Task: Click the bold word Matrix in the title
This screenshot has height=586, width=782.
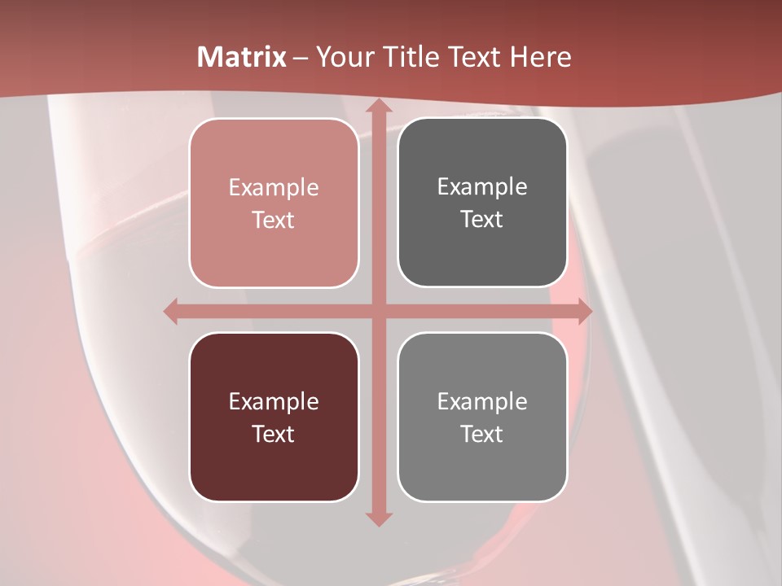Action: [242, 57]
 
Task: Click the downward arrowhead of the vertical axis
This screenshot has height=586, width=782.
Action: [379, 518]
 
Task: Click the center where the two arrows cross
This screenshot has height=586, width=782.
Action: [379, 310]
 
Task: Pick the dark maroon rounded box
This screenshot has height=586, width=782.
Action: [274, 472]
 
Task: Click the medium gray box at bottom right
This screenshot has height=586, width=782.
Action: [482, 472]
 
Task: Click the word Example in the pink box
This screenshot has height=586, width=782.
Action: [274, 188]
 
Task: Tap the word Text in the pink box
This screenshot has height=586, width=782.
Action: [274, 220]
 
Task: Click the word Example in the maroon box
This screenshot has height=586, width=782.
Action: [274, 402]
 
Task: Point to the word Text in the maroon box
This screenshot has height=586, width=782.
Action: [274, 434]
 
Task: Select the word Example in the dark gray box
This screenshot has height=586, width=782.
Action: [482, 187]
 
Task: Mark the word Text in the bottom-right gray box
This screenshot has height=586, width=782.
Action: [482, 434]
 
